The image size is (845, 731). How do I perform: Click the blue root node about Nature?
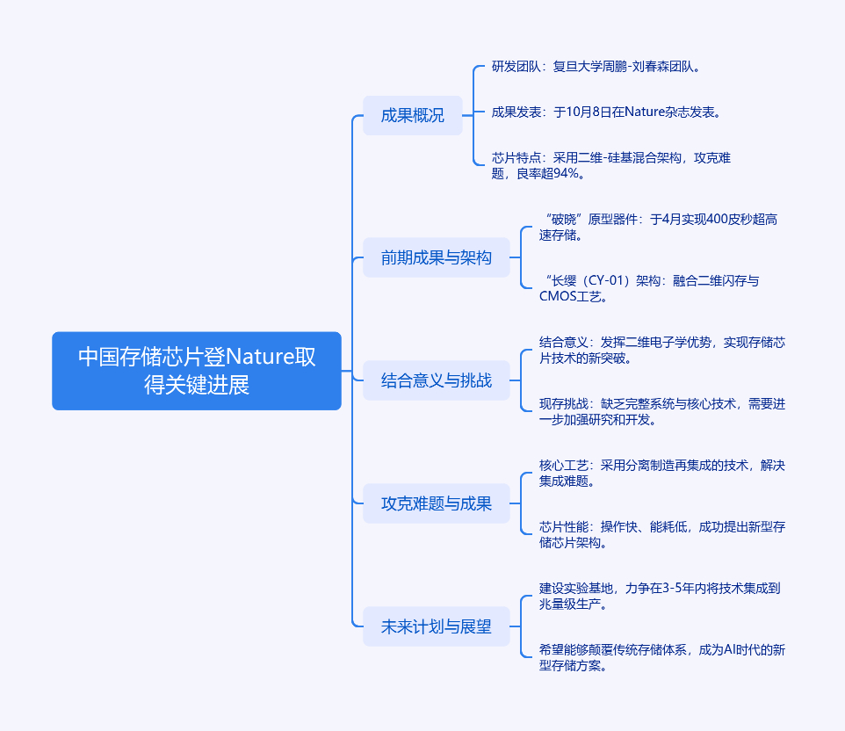[x=197, y=371]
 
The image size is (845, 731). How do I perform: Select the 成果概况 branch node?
[x=412, y=115]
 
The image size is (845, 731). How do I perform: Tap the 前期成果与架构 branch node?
[x=436, y=257]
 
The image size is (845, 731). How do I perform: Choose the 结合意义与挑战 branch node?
[x=436, y=380]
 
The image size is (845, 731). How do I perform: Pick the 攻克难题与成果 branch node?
[x=436, y=503]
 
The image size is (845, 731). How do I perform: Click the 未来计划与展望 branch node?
[x=436, y=626]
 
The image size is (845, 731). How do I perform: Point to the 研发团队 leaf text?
[x=596, y=66]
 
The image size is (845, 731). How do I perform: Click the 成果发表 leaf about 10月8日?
[x=606, y=112]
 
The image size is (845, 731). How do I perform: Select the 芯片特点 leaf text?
[x=611, y=165]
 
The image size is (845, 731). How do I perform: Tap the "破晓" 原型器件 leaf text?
[x=659, y=227]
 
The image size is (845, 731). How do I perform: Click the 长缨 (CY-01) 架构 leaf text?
[x=650, y=288]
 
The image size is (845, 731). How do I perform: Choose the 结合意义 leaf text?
[x=661, y=350]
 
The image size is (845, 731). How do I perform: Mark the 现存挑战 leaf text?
[x=661, y=411]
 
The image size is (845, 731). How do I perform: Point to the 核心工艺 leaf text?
[x=661, y=473]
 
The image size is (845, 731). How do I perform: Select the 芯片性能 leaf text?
[x=661, y=534]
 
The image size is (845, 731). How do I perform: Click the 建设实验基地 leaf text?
[x=659, y=596]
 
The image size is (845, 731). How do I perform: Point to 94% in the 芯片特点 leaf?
[x=566, y=173]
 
